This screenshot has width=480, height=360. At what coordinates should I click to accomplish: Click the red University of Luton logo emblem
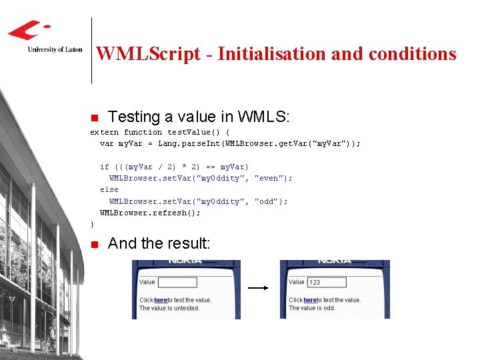point(28,30)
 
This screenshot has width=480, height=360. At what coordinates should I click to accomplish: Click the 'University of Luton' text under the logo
point(55,49)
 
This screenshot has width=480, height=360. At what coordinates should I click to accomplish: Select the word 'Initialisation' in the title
point(272,54)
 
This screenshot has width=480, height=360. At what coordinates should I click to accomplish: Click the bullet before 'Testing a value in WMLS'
point(94,118)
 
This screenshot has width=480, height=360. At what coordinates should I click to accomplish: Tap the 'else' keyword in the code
point(109,189)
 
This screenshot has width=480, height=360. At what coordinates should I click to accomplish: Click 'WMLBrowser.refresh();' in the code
point(150,213)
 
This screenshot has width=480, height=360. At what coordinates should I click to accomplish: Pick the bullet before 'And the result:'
point(94,244)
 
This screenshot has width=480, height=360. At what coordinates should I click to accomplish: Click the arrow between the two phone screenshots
point(257,289)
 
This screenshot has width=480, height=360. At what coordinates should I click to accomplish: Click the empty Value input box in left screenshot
point(177,282)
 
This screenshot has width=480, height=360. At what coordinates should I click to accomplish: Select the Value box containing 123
point(327,282)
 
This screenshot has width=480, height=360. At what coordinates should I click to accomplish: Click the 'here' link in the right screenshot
point(309,300)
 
